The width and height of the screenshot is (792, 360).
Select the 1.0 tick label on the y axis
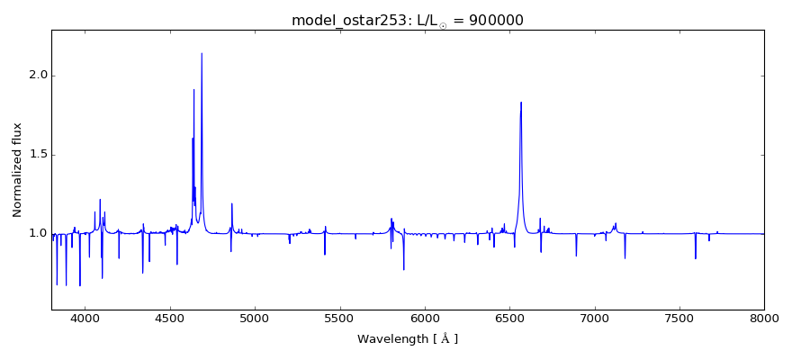pyautogui.click(x=36, y=234)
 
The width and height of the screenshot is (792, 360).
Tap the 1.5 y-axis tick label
pyautogui.click(x=36, y=155)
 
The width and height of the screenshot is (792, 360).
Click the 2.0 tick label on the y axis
pyautogui.click(x=36, y=76)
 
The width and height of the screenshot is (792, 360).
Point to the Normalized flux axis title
pyautogui.click(x=18, y=170)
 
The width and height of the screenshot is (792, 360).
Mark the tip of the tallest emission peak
pyautogui.click(x=202, y=53)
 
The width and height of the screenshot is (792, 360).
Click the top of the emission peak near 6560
pyautogui.click(x=521, y=102)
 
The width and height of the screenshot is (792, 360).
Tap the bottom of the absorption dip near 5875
pyautogui.click(x=404, y=269)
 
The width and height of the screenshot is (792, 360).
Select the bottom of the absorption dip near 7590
pyautogui.click(x=695, y=259)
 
